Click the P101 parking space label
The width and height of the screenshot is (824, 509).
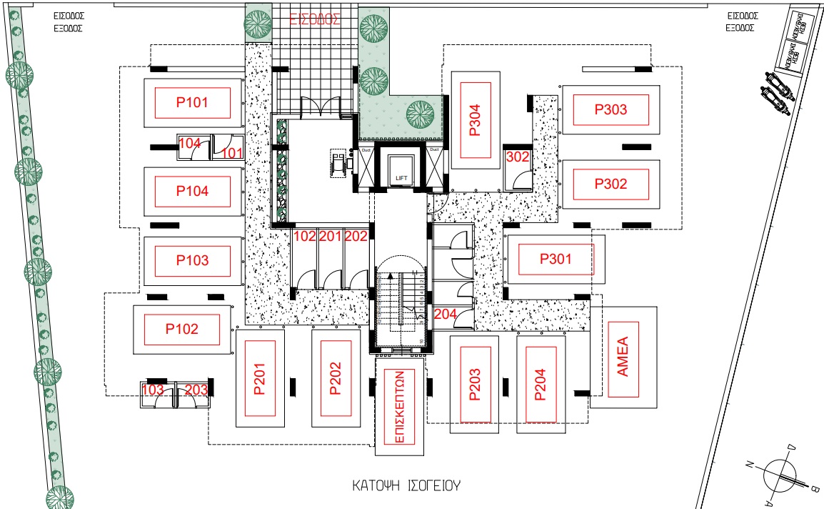[192, 102]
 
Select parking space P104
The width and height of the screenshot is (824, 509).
[192, 191]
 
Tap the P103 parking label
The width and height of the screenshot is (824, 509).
[192, 260]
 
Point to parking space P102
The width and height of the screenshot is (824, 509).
[182, 330]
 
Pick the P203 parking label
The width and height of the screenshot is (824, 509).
[476, 384]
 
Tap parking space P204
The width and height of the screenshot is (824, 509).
[539, 384]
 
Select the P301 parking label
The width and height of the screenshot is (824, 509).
[556, 259]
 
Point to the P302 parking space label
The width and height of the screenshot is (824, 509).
[611, 184]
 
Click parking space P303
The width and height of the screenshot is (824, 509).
[611, 109]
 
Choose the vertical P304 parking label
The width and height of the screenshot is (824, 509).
[476, 121]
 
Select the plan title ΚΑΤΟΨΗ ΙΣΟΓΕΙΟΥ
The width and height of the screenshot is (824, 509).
[406, 486]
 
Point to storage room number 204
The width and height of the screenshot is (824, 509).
[445, 313]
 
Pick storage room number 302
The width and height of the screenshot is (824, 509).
[516, 157]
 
